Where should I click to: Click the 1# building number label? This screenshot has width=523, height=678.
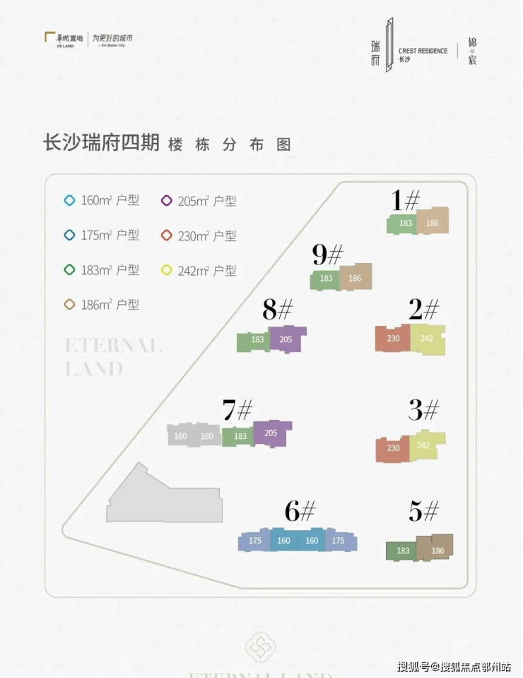pyautogui.click(x=406, y=201)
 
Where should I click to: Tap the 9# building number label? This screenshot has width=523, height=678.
pyautogui.click(x=327, y=255)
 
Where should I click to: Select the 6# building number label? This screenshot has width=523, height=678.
pyautogui.click(x=300, y=510)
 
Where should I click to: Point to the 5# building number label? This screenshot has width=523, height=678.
pyautogui.click(x=423, y=510)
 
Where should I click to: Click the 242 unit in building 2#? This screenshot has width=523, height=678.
pyautogui.click(x=427, y=339)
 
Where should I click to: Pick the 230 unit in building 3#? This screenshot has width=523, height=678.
pyautogui.click(x=393, y=448)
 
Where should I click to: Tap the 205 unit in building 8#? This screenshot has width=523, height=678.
pyautogui.click(x=286, y=339)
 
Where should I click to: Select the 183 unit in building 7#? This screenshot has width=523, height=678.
pyautogui.click(x=240, y=436)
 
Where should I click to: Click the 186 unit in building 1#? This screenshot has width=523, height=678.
pyautogui.click(x=432, y=223)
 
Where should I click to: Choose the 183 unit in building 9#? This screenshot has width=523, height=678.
pyautogui.click(x=326, y=279)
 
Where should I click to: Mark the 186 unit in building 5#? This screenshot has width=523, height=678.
pyautogui.click(x=437, y=551)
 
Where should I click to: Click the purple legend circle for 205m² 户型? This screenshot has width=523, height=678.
pyautogui.click(x=167, y=201)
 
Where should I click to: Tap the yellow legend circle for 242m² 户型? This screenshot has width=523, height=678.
pyautogui.click(x=167, y=270)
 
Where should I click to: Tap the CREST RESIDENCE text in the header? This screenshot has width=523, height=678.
pyautogui.click(x=423, y=51)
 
